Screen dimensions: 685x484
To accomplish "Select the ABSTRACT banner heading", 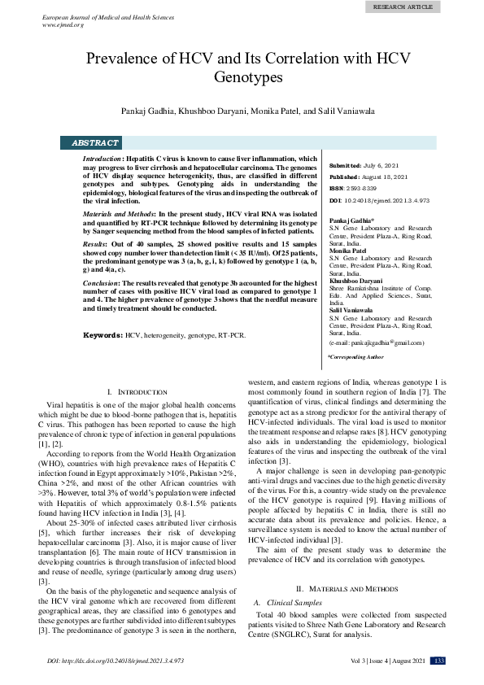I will [95, 142].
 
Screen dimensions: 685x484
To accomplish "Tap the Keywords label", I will [103, 334].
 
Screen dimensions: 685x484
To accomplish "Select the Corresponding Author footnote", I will [355, 357].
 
